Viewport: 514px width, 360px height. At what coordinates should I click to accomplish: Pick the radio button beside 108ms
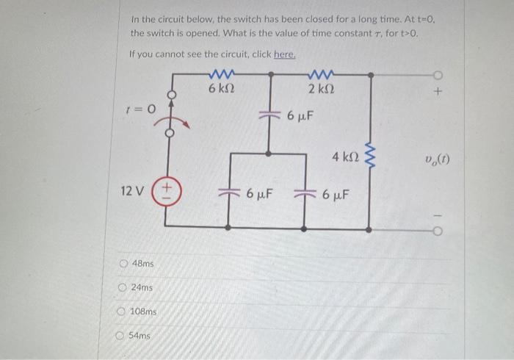(121, 312)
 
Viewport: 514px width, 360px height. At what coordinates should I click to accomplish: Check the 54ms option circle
(120, 336)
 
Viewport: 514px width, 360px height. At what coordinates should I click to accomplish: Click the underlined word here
(284, 54)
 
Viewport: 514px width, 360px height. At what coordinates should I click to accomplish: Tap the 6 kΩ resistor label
(220, 90)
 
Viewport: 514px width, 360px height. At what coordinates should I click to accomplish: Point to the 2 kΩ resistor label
(321, 90)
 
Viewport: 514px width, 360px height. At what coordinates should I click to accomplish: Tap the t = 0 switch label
(141, 109)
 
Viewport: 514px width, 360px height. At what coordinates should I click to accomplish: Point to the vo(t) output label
(437, 157)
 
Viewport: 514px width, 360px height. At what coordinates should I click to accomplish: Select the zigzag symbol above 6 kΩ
(221, 74)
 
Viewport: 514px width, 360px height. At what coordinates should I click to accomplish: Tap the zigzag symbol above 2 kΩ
(320, 74)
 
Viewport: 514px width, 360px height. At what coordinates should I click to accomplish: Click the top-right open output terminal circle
(438, 74)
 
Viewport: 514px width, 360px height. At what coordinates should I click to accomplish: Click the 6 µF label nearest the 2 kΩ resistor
(300, 116)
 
